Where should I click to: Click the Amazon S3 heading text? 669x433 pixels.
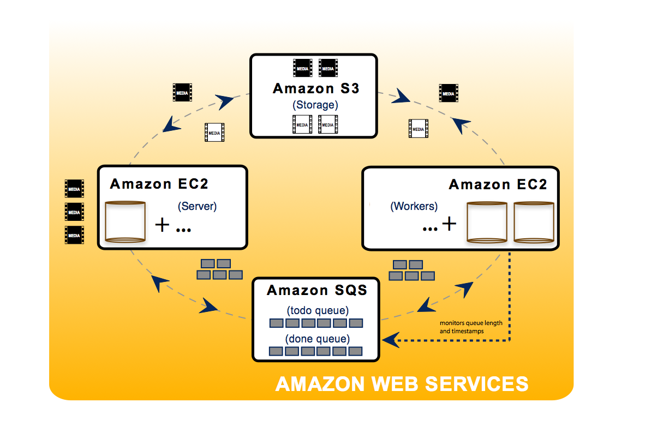(x=316, y=88)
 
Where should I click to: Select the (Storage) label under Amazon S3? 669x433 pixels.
(x=315, y=105)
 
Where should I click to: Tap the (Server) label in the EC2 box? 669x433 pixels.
(x=197, y=206)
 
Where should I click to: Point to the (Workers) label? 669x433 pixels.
(x=414, y=207)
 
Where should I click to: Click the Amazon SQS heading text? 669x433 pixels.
(x=317, y=291)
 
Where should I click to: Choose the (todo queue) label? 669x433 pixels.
(x=317, y=311)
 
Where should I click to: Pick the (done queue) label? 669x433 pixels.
(x=317, y=339)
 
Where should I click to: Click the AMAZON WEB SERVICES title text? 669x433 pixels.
(x=402, y=384)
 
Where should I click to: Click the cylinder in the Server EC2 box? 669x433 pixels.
(x=126, y=221)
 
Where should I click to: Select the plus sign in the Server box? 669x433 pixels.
(x=162, y=224)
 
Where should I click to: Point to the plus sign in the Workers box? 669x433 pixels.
(x=449, y=224)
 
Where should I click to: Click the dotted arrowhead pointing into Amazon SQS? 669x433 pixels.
(x=389, y=340)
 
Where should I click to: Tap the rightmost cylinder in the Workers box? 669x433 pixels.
(x=534, y=222)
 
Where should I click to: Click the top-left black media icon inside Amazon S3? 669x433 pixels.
(x=302, y=68)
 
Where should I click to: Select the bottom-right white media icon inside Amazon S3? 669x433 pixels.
(x=328, y=124)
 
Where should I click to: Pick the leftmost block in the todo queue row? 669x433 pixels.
(x=277, y=323)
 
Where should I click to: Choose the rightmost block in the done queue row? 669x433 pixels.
(x=356, y=351)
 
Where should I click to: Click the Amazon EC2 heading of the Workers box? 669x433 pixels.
(x=497, y=184)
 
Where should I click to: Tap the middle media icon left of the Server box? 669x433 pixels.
(x=74, y=212)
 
